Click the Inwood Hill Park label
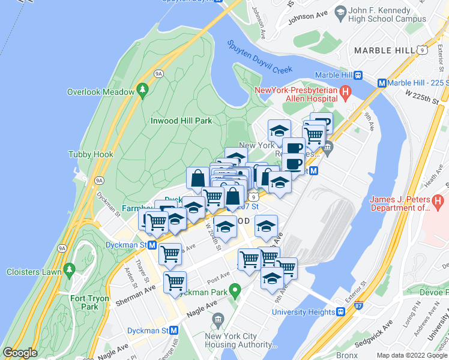point(180,121)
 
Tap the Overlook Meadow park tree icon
point(142,91)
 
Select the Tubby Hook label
point(91,154)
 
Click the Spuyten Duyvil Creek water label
point(260,57)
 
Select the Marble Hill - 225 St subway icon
point(381,83)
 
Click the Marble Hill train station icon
point(358,75)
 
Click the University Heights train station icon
point(340,312)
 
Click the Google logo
point(20,353)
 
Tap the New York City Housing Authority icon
point(217,319)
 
